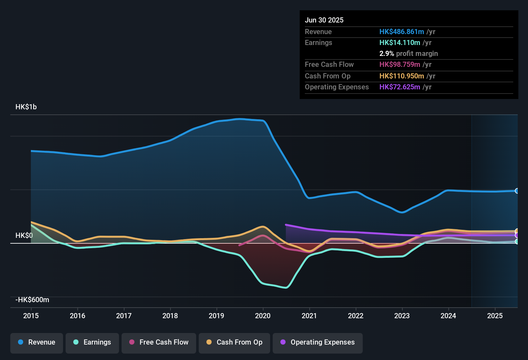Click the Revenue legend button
tap(37, 342)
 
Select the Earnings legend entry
tap(92, 342)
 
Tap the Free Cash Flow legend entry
tap(159, 342)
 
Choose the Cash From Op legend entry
tap(234, 342)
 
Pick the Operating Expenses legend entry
tap(318, 342)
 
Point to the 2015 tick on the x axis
tap(31, 316)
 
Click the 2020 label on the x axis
tap(263, 316)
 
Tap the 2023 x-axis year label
tap(402, 316)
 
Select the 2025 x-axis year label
tap(495, 316)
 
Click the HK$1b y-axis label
tap(26, 107)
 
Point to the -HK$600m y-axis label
tap(32, 300)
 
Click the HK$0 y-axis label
tap(24, 236)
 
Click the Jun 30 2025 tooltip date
tap(324, 20)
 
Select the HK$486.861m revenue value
tap(402, 32)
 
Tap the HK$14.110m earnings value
tap(400, 42)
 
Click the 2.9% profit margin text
tap(408, 54)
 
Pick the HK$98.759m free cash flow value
tap(400, 64)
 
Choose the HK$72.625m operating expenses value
tap(400, 87)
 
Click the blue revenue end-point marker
tap(517, 191)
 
